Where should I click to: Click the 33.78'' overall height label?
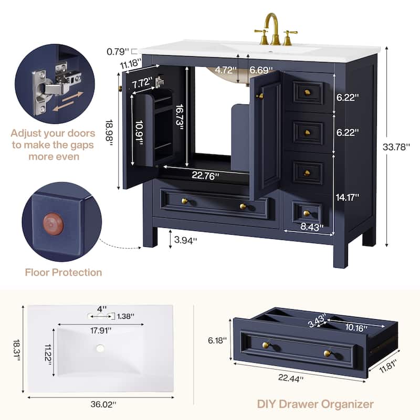pyautogui.click(x=396, y=147)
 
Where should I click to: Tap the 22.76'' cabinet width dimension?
pyautogui.click(x=205, y=176)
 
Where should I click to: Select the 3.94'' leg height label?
pyautogui.click(x=185, y=240)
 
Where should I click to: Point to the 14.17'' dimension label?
pyautogui.click(x=348, y=197)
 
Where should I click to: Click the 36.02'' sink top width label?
pyautogui.click(x=103, y=404)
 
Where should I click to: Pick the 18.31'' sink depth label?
pyautogui.click(x=17, y=350)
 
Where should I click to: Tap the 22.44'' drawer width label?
pyautogui.click(x=291, y=378)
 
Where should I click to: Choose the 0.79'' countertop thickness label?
pyautogui.click(x=118, y=51)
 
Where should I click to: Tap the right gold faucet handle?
pyautogui.click(x=289, y=37)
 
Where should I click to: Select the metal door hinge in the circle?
pyautogui.click(x=56, y=87)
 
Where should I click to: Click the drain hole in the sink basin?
pyautogui.click(x=100, y=348)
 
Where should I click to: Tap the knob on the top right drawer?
pyautogui.click(x=307, y=93)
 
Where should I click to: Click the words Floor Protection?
pyautogui.click(x=64, y=272)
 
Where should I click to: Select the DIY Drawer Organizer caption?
pyautogui.click(x=316, y=404)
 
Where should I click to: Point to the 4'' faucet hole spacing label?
pyautogui.click(x=102, y=309)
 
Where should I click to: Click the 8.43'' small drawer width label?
pyautogui.click(x=312, y=227)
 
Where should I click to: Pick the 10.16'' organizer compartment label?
pyautogui.click(x=356, y=327)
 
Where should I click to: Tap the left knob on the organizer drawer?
pyautogui.click(x=266, y=345)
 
